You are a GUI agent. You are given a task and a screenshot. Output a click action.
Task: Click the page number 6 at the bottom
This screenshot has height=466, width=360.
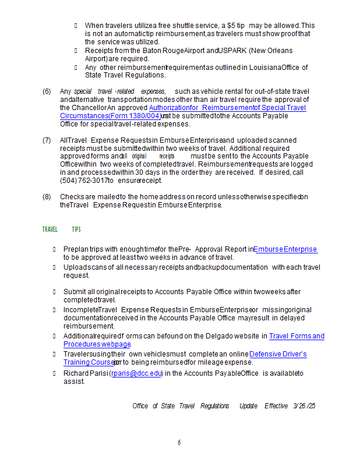[x=179, y=443]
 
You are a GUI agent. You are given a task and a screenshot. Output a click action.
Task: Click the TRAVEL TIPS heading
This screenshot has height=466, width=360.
[x=61, y=230]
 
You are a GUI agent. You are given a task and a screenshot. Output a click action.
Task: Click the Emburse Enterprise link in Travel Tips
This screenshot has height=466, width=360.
[x=285, y=249]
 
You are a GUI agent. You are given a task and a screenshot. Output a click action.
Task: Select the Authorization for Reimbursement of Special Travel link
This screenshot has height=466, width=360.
[x=227, y=108]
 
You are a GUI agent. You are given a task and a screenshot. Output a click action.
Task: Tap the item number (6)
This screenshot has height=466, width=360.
[x=47, y=91]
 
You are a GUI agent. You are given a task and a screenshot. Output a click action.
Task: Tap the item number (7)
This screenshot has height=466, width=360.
[x=47, y=140]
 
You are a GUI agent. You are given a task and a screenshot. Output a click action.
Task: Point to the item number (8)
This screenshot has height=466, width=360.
[x=47, y=197]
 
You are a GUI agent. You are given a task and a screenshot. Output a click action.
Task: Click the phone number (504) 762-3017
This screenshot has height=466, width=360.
[x=83, y=181]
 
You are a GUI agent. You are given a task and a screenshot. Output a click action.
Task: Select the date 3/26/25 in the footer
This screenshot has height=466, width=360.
[x=305, y=406]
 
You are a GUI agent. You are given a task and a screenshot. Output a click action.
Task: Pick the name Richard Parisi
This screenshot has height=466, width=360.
[x=85, y=373]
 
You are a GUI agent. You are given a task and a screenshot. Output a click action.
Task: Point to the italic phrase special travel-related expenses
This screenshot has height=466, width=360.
[x=119, y=91]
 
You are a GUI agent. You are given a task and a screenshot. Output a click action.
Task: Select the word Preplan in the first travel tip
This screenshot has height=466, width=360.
[x=76, y=249]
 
